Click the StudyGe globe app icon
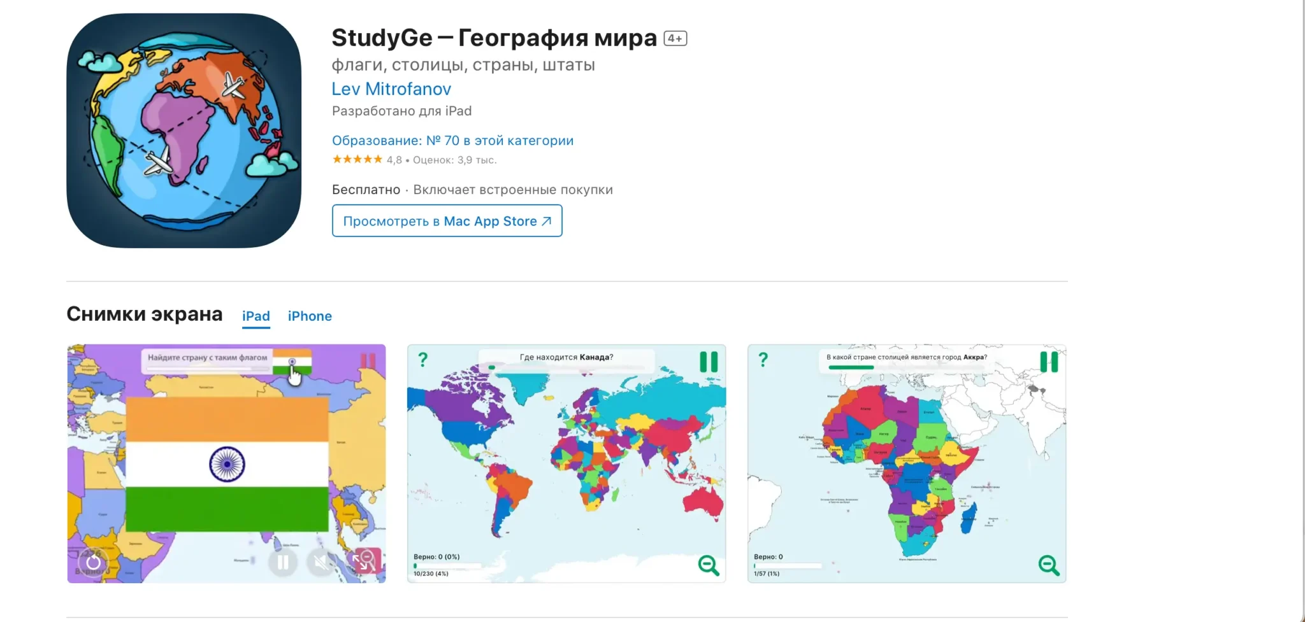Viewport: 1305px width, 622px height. click(184, 131)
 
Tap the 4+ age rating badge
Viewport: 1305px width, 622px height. click(675, 38)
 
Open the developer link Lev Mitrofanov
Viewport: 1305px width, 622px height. click(391, 89)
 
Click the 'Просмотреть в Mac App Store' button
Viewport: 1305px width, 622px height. click(447, 221)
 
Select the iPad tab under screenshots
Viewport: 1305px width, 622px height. click(256, 316)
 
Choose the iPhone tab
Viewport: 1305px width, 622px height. click(310, 316)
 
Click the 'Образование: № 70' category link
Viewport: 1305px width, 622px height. click(452, 141)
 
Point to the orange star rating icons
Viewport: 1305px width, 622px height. click(357, 159)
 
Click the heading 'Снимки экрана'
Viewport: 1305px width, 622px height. click(145, 315)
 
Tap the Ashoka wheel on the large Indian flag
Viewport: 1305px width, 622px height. click(227, 464)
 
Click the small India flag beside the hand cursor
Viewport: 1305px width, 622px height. click(292, 362)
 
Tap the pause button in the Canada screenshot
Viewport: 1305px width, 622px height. click(709, 362)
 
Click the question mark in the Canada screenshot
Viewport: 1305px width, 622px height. click(422, 360)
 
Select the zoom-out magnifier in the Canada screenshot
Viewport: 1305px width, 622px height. click(709, 565)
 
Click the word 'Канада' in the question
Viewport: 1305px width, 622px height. click(595, 357)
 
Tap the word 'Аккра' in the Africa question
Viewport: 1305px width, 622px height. click(973, 357)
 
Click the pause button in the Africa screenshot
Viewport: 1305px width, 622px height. click(1049, 362)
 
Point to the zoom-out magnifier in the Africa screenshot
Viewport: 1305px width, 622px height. click(1049, 565)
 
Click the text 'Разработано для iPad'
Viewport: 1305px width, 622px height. click(401, 111)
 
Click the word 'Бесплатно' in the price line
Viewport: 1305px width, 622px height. click(366, 190)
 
